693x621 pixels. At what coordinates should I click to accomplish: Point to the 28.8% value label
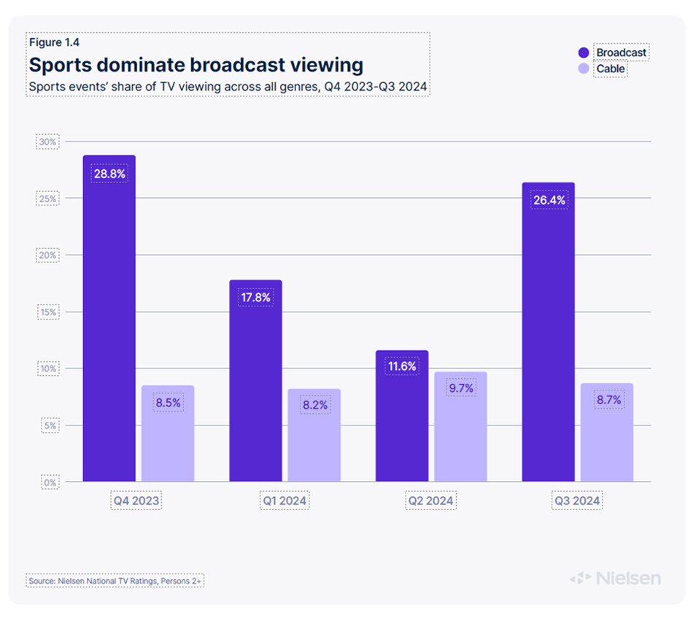(109, 174)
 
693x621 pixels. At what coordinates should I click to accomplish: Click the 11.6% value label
(402, 366)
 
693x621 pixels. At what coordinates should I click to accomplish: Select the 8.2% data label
(314, 405)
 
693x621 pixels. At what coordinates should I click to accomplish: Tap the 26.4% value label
(549, 200)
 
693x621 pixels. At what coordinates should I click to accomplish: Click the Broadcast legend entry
(621, 53)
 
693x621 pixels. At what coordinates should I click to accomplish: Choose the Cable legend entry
(611, 69)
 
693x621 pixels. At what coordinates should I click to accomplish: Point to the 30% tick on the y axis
(48, 142)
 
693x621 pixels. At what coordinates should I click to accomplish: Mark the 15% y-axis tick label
(48, 312)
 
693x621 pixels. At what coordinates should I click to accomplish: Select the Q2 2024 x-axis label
(431, 501)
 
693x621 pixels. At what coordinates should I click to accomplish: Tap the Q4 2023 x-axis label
(137, 501)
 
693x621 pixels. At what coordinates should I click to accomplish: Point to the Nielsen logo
(615, 579)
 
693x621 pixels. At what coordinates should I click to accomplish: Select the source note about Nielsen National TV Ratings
(115, 581)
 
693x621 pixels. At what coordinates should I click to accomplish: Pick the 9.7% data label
(460, 389)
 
